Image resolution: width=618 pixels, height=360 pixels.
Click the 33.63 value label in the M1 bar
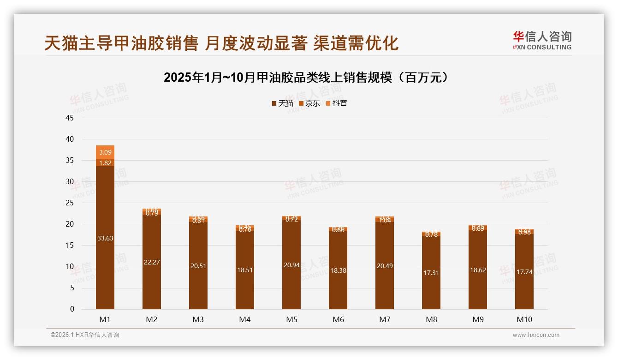[x=105, y=238]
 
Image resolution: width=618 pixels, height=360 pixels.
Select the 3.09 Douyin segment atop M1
[x=105, y=152]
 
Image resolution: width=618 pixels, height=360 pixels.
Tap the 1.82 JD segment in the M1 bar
[x=105, y=162]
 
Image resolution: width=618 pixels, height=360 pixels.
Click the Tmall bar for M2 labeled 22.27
[x=152, y=262]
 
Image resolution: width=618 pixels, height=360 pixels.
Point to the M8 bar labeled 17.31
[x=431, y=273]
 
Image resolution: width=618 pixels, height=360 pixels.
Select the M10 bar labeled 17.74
[x=524, y=272]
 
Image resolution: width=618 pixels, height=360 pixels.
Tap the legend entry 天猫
[x=282, y=103]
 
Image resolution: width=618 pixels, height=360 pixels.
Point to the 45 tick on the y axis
[x=70, y=118]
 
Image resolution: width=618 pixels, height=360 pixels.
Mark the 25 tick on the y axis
[x=70, y=203]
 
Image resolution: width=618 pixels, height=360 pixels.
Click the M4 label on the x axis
[x=245, y=319]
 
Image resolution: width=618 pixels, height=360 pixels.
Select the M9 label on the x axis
[x=478, y=319]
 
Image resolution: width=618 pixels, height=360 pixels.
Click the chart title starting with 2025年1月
[x=306, y=77]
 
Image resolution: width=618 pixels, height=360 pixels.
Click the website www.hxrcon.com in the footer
[x=536, y=335]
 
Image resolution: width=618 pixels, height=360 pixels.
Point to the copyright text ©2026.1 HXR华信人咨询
[x=84, y=335]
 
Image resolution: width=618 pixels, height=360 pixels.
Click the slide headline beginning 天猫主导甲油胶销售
[x=221, y=43]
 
